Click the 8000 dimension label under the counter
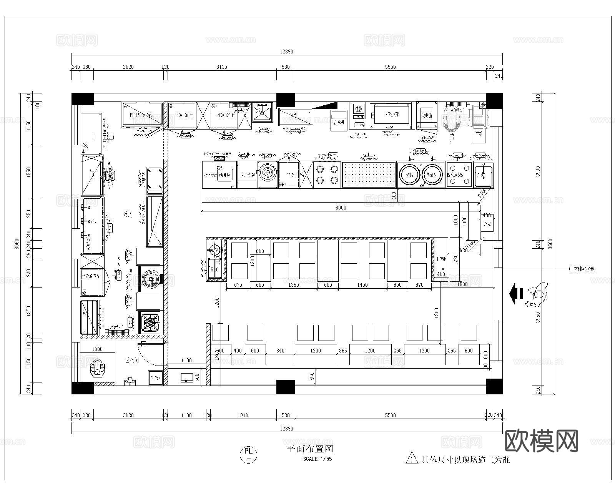(341, 208)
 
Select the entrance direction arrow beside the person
(516, 294)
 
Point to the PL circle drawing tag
(249, 454)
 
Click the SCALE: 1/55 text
(317, 459)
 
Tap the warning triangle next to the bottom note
(412, 458)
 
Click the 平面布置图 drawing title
(310, 449)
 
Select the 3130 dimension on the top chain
(221, 67)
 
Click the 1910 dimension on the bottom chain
(243, 415)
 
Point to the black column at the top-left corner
(83, 99)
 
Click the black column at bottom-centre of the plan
(286, 387)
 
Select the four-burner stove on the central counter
(327, 175)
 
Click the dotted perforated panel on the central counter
(369, 175)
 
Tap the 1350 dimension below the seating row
(293, 285)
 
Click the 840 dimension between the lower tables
(280, 351)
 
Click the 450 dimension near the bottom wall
(312, 376)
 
